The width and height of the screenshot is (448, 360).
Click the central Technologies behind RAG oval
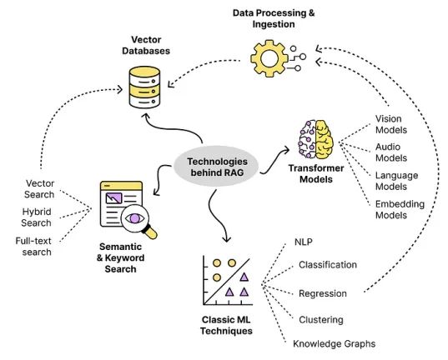click(x=216, y=167)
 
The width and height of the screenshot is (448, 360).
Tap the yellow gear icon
click(x=269, y=58)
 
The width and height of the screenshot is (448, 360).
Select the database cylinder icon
click(x=144, y=87)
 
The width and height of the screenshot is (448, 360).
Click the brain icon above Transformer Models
click(x=315, y=139)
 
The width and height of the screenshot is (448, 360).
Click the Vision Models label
click(x=391, y=124)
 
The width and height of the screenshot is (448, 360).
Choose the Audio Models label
click(x=391, y=152)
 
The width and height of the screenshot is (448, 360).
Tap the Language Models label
click(x=396, y=181)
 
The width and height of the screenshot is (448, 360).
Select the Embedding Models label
click(x=400, y=209)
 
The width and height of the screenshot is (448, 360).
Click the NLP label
click(x=303, y=242)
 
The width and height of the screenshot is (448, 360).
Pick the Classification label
click(x=328, y=265)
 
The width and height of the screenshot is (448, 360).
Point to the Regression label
click(x=323, y=293)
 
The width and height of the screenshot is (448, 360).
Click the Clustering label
click(x=321, y=320)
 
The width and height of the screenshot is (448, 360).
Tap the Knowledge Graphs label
click(x=334, y=343)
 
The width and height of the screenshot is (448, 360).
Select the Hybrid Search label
click(x=36, y=217)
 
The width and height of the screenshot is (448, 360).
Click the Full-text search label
click(x=33, y=247)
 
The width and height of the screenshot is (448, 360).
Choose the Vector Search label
click(x=39, y=188)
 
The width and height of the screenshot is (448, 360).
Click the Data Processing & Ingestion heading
click(x=274, y=18)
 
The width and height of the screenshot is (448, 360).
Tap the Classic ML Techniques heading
click(x=226, y=325)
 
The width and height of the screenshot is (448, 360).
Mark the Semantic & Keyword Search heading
click(x=120, y=257)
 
